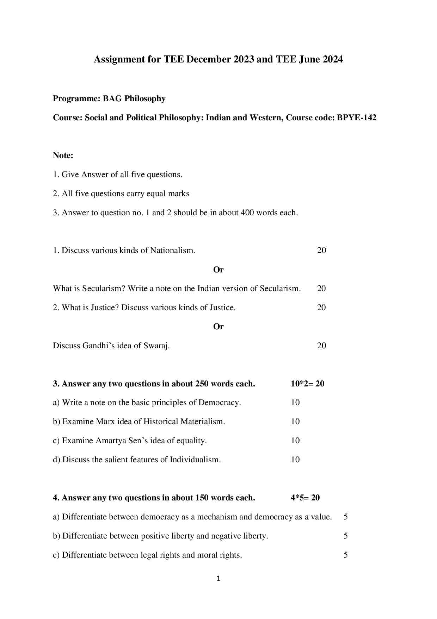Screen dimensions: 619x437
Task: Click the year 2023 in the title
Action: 244,59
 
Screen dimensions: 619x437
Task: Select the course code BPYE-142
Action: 356,118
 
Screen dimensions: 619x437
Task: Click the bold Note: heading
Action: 63,155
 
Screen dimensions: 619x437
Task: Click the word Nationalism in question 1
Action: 172,251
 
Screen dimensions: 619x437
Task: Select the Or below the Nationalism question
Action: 218,270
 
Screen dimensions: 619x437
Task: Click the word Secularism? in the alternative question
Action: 104,289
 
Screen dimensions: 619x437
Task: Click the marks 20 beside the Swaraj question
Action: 321,345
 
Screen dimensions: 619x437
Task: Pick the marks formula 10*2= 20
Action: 307,384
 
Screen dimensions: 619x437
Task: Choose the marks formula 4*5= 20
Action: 305,498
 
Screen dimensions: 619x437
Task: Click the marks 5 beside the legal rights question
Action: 345,555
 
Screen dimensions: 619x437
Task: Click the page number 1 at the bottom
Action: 218,578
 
